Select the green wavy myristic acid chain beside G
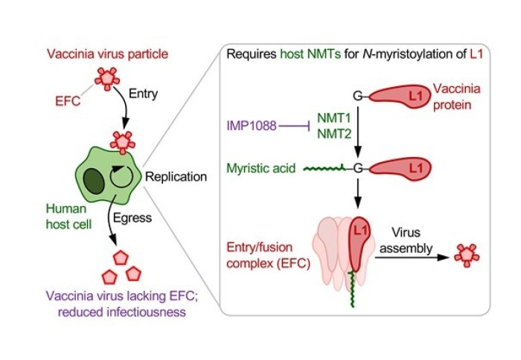327,169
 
